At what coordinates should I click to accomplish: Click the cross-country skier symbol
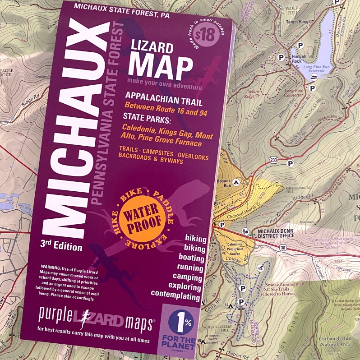260,268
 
